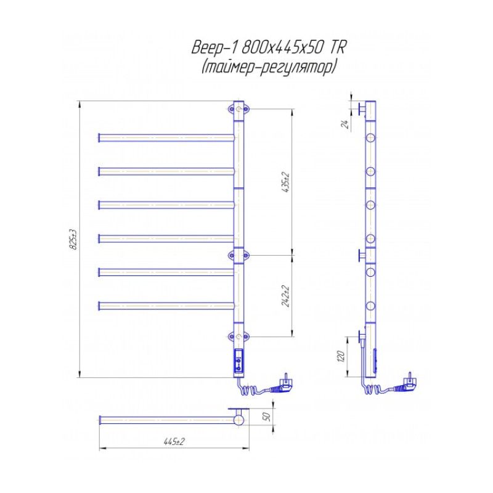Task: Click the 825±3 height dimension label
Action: pos(73,239)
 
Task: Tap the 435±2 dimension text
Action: pos(286,182)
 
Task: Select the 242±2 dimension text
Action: pos(286,296)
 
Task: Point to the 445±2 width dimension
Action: pos(174,441)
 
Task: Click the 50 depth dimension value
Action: pos(266,417)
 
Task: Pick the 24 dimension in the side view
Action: pos(345,124)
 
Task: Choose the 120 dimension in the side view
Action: pos(341,356)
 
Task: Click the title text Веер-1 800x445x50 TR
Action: pos(269,47)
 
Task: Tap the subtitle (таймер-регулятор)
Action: pos(269,67)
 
